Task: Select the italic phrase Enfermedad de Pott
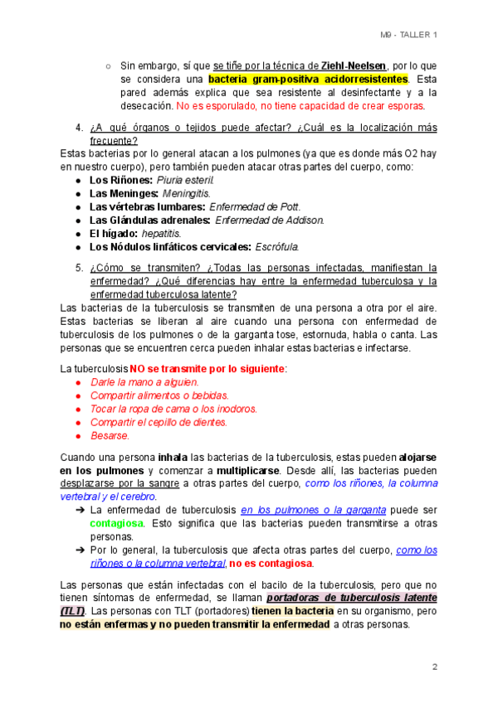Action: [256, 206]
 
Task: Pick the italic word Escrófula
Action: [277, 246]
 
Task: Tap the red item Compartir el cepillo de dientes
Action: [159, 422]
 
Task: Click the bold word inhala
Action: [173, 458]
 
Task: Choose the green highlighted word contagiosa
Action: [116, 524]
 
